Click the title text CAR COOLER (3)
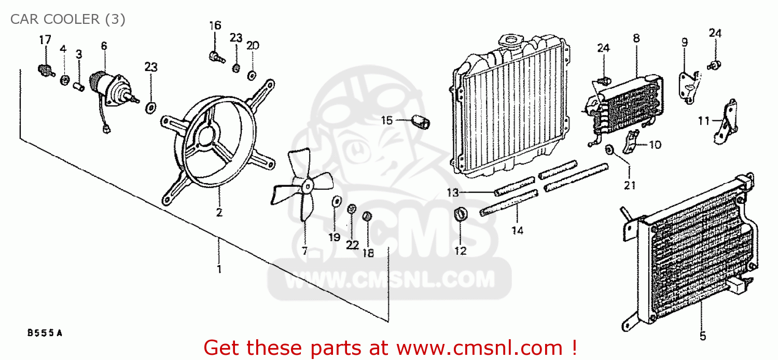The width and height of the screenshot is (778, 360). coord(67,20)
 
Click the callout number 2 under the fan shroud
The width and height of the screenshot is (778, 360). coord(219,213)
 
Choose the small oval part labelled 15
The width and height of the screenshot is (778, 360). coord(421,122)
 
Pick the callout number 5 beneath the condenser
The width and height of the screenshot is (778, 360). coord(703,336)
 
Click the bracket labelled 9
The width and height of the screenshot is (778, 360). coord(689,83)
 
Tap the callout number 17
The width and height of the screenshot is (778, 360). coord(45,39)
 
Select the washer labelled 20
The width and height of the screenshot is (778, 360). coord(252,75)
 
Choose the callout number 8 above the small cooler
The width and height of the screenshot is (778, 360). coord(636,38)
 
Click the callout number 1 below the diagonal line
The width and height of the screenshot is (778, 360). coord(219,269)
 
